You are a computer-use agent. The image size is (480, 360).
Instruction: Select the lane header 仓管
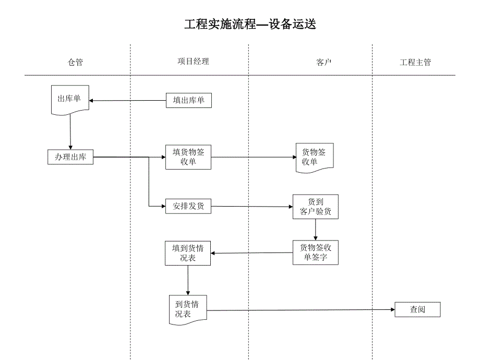click(x=75, y=63)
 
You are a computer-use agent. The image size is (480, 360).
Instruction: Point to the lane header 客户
click(x=324, y=63)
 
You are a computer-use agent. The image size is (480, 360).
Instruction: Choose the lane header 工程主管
click(x=415, y=63)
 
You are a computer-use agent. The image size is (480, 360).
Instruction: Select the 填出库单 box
click(x=189, y=100)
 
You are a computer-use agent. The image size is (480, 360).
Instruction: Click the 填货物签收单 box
click(x=188, y=157)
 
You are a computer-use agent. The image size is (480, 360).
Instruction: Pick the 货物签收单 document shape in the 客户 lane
click(x=314, y=157)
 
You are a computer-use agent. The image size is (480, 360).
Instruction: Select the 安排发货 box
click(x=188, y=206)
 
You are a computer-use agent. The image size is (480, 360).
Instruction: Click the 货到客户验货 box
click(x=316, y=207)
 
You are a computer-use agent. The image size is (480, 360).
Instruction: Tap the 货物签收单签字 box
click(x=316, y=253)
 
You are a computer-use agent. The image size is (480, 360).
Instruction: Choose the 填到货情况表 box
click(x=188, y=253)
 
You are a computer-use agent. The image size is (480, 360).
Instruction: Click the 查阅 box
click(x=417, y=310)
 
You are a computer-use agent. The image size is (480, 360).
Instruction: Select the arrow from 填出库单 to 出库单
click(x=128, y=100)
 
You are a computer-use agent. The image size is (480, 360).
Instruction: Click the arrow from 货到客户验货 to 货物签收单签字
click(x=316, y=230)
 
